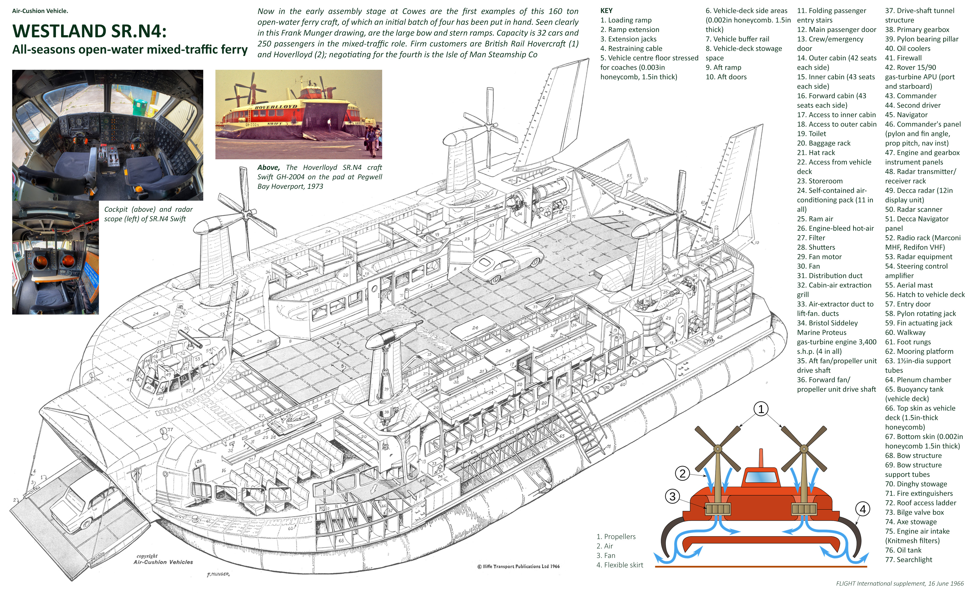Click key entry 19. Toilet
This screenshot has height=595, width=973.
[x=811, y=134]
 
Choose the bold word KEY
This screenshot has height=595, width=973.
[x=606, y=11]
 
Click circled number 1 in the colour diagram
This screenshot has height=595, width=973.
[x=761, y=409]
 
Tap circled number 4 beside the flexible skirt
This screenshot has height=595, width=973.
[x=862, y=509]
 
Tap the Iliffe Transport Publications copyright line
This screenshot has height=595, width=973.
[x=518, y=566]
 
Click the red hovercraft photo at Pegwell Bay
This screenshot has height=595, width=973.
[x=299, y=115]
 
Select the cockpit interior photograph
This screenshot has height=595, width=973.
[x=107, y=135]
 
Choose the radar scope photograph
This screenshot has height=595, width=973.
[x=55, y=257]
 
